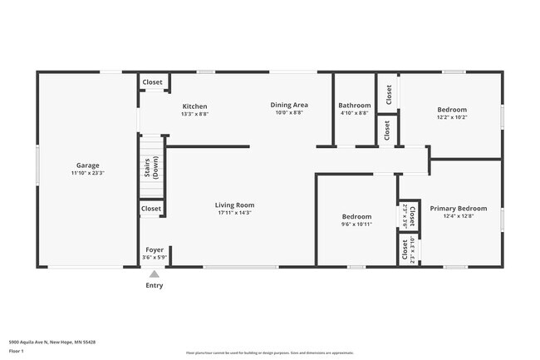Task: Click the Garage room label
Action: click(x=89, y=165)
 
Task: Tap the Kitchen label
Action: click(x=194, y=106)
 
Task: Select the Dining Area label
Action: click(x=289, y=105)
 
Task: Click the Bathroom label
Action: click(x=354, y=106)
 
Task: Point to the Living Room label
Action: click(x=234, y=205)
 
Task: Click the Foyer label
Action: click(x=155, y=249)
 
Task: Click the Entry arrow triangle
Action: click(x=155, y=274)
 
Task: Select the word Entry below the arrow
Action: click(x=155, y=286)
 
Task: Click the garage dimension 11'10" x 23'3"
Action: click(x=89, y=174)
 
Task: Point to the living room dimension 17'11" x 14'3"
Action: click(x=234, y=214)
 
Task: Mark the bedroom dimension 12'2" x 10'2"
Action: click(x=452, y=118)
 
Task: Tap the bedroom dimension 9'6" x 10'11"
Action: click(x=356, y=224)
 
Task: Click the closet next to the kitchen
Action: click(x=152, y=82)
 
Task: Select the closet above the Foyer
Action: click(x=151, y=209)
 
